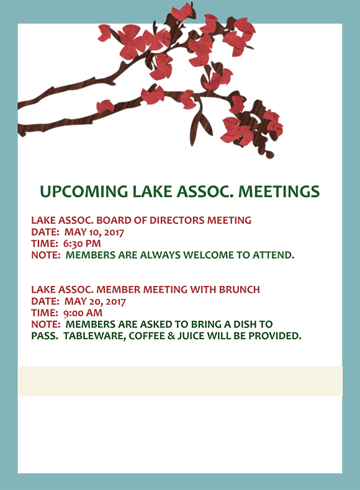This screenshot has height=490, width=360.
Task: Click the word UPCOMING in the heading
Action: click(x=84, y=192)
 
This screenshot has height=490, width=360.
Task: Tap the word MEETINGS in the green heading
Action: click(x=279, y=192)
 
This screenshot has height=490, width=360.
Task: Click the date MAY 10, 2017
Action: click(x=94, y=232)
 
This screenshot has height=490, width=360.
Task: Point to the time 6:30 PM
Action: click(x=82, y=243)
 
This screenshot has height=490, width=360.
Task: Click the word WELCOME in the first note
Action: click(x=209, y=255)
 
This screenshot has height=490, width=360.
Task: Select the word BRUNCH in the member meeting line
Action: click(x=239, y=290)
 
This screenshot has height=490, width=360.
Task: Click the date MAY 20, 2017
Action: click(x=95, y=301)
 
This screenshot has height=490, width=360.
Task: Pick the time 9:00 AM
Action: click(x=83, y=313)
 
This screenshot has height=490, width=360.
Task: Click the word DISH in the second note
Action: click(x=245, y=324)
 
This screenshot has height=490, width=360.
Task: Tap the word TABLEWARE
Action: click(x=94, y=336)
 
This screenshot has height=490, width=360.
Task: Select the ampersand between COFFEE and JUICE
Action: click(x=171, y=336)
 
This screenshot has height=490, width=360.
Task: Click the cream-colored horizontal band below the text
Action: click(x=180, y=381)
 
